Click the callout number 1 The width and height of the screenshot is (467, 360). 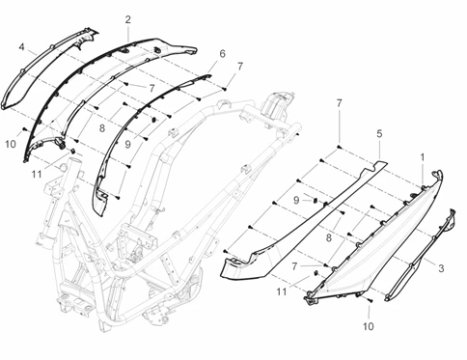click(x=423, y=157)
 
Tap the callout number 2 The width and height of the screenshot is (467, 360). click(x=128, y=20)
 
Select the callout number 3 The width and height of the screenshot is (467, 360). click(x=441, y=268)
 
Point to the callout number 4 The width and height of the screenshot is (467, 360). click(x=21, y=47)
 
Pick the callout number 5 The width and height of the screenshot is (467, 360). click(x=379, y=134)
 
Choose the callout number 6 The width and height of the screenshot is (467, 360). click(x=223, y=54)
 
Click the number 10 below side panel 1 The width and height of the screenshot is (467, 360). click(x=369, y=326)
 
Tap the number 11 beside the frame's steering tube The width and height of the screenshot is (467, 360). click(x=37, y=174)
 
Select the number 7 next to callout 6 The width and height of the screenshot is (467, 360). click(x=240, y=67)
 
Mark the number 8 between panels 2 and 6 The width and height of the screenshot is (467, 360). click(x=102, y=128)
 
